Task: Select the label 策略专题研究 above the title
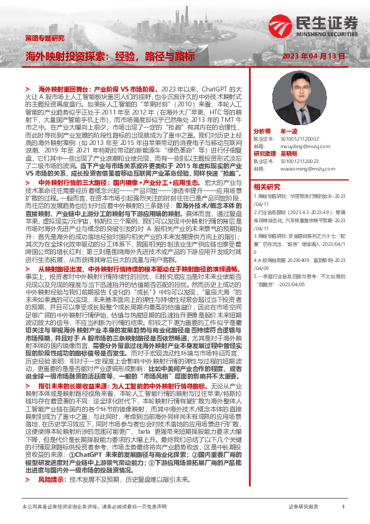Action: click(44, 39)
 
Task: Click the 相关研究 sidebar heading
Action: click(267, 186)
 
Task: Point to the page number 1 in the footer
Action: click(343, 507)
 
